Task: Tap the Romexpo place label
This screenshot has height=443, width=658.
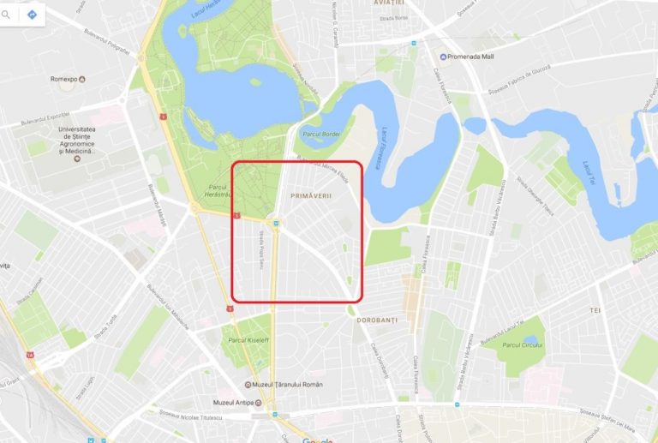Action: pos(64,79)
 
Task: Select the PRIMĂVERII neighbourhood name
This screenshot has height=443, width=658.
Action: pos(310,196)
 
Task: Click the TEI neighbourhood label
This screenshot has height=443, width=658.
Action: pos(595,309)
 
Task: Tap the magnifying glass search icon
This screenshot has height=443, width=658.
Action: pos(7,15)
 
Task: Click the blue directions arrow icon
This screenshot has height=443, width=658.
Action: pos(32,15)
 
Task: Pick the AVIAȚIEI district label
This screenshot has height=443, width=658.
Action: pos(389,4)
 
